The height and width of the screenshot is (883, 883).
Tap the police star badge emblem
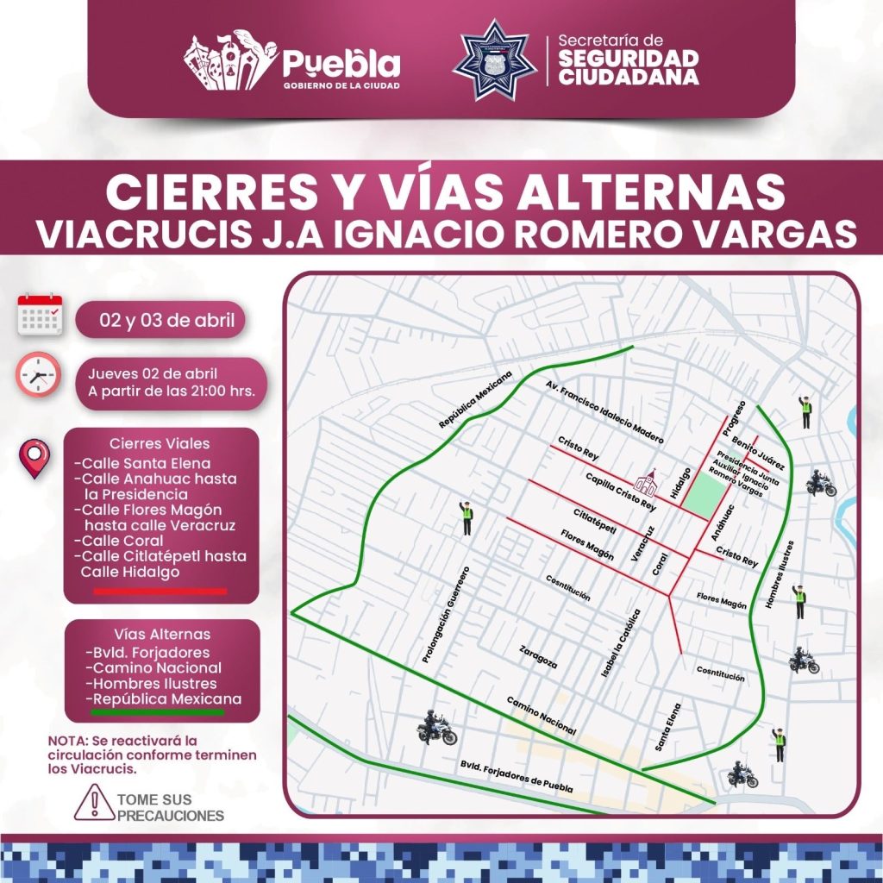tap(494, 60)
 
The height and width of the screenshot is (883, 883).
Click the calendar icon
tap(40, 315)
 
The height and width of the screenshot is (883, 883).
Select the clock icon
tap(39, 374)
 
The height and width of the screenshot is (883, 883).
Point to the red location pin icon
tap(34, 458)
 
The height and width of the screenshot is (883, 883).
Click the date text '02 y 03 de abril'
tap(160, 321)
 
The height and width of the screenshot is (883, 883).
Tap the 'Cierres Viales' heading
tap(161, 443)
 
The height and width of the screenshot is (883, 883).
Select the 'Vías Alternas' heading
tap(161, 634)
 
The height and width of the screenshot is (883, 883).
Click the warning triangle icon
tap(90, 803)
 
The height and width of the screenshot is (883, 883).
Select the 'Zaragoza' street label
tap(538, 657)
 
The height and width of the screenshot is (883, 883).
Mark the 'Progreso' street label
tap(734, 416)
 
